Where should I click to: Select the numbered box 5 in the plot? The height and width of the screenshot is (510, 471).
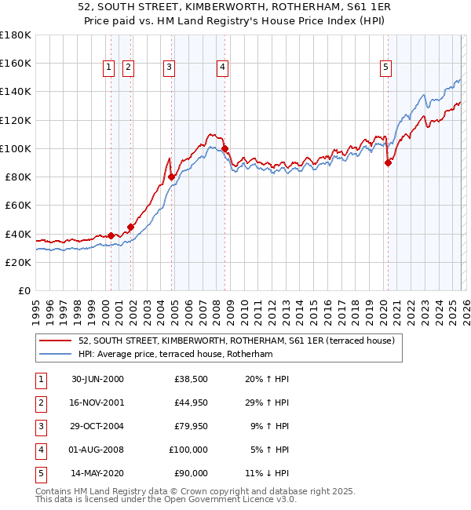pos(386,68)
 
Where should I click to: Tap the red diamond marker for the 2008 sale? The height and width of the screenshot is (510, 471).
pos(225,148)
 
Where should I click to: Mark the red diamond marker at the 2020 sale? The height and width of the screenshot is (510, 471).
pos(388,163)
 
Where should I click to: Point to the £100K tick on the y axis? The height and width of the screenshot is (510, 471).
pos(16,148)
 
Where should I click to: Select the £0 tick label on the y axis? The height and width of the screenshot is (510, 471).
pos(24,291)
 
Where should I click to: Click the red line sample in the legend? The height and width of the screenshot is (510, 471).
pos(56,341)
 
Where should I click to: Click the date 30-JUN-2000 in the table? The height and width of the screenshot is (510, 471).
pos(97,379)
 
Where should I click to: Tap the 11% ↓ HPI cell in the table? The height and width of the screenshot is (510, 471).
pos(268,473)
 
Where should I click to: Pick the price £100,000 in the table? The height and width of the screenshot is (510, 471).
pos(189,450)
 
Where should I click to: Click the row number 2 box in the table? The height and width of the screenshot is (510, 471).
pos(39,403)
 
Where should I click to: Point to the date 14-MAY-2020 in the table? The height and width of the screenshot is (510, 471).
pos(97,473)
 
